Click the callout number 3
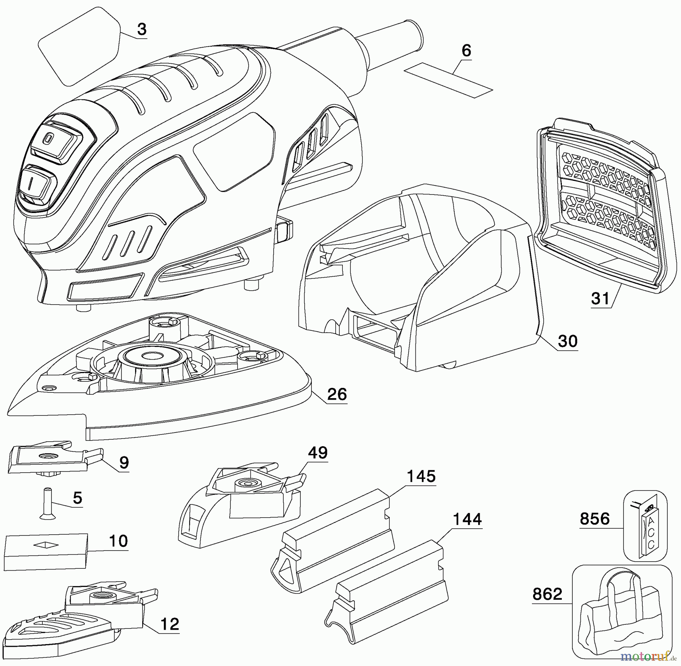coord(141,30)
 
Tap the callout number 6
coord(466,51)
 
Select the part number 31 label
coord(601,299)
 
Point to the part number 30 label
coord(568,341)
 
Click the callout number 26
coord(337,394)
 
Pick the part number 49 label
coord(318,453)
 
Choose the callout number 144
coord(467,519)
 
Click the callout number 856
coord(595,519)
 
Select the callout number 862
coord(547,594)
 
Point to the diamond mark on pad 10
coord(46,545)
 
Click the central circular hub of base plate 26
coord(145,356)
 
